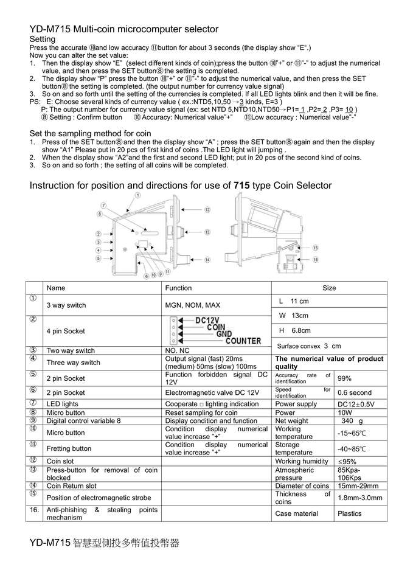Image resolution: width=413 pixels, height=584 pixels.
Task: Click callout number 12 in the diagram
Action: [207, 210]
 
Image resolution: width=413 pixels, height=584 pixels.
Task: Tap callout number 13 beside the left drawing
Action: [207, 232]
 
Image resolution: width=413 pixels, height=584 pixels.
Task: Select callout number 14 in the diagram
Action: [207, 260]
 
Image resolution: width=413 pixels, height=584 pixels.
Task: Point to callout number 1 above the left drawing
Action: [138, 195]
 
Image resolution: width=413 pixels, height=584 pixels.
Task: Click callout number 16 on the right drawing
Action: [315, 259]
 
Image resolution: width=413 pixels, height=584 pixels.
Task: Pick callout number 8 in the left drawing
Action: [99, 214]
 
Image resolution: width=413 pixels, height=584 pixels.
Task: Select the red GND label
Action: [224, 334]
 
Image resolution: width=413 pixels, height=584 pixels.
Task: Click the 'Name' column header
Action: [55, 288]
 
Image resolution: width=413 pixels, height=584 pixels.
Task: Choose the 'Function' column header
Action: [178, 288]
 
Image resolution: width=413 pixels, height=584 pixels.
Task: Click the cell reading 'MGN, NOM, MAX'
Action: [193, 305]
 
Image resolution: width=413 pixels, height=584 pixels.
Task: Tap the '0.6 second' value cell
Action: [355, 392]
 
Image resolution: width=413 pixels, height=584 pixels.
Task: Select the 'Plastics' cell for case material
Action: [349, 513]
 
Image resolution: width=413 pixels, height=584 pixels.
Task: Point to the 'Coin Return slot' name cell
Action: [72, 486]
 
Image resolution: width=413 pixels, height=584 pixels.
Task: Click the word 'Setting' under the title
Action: [43, 39]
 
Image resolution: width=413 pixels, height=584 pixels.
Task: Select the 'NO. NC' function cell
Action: [178, 350]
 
